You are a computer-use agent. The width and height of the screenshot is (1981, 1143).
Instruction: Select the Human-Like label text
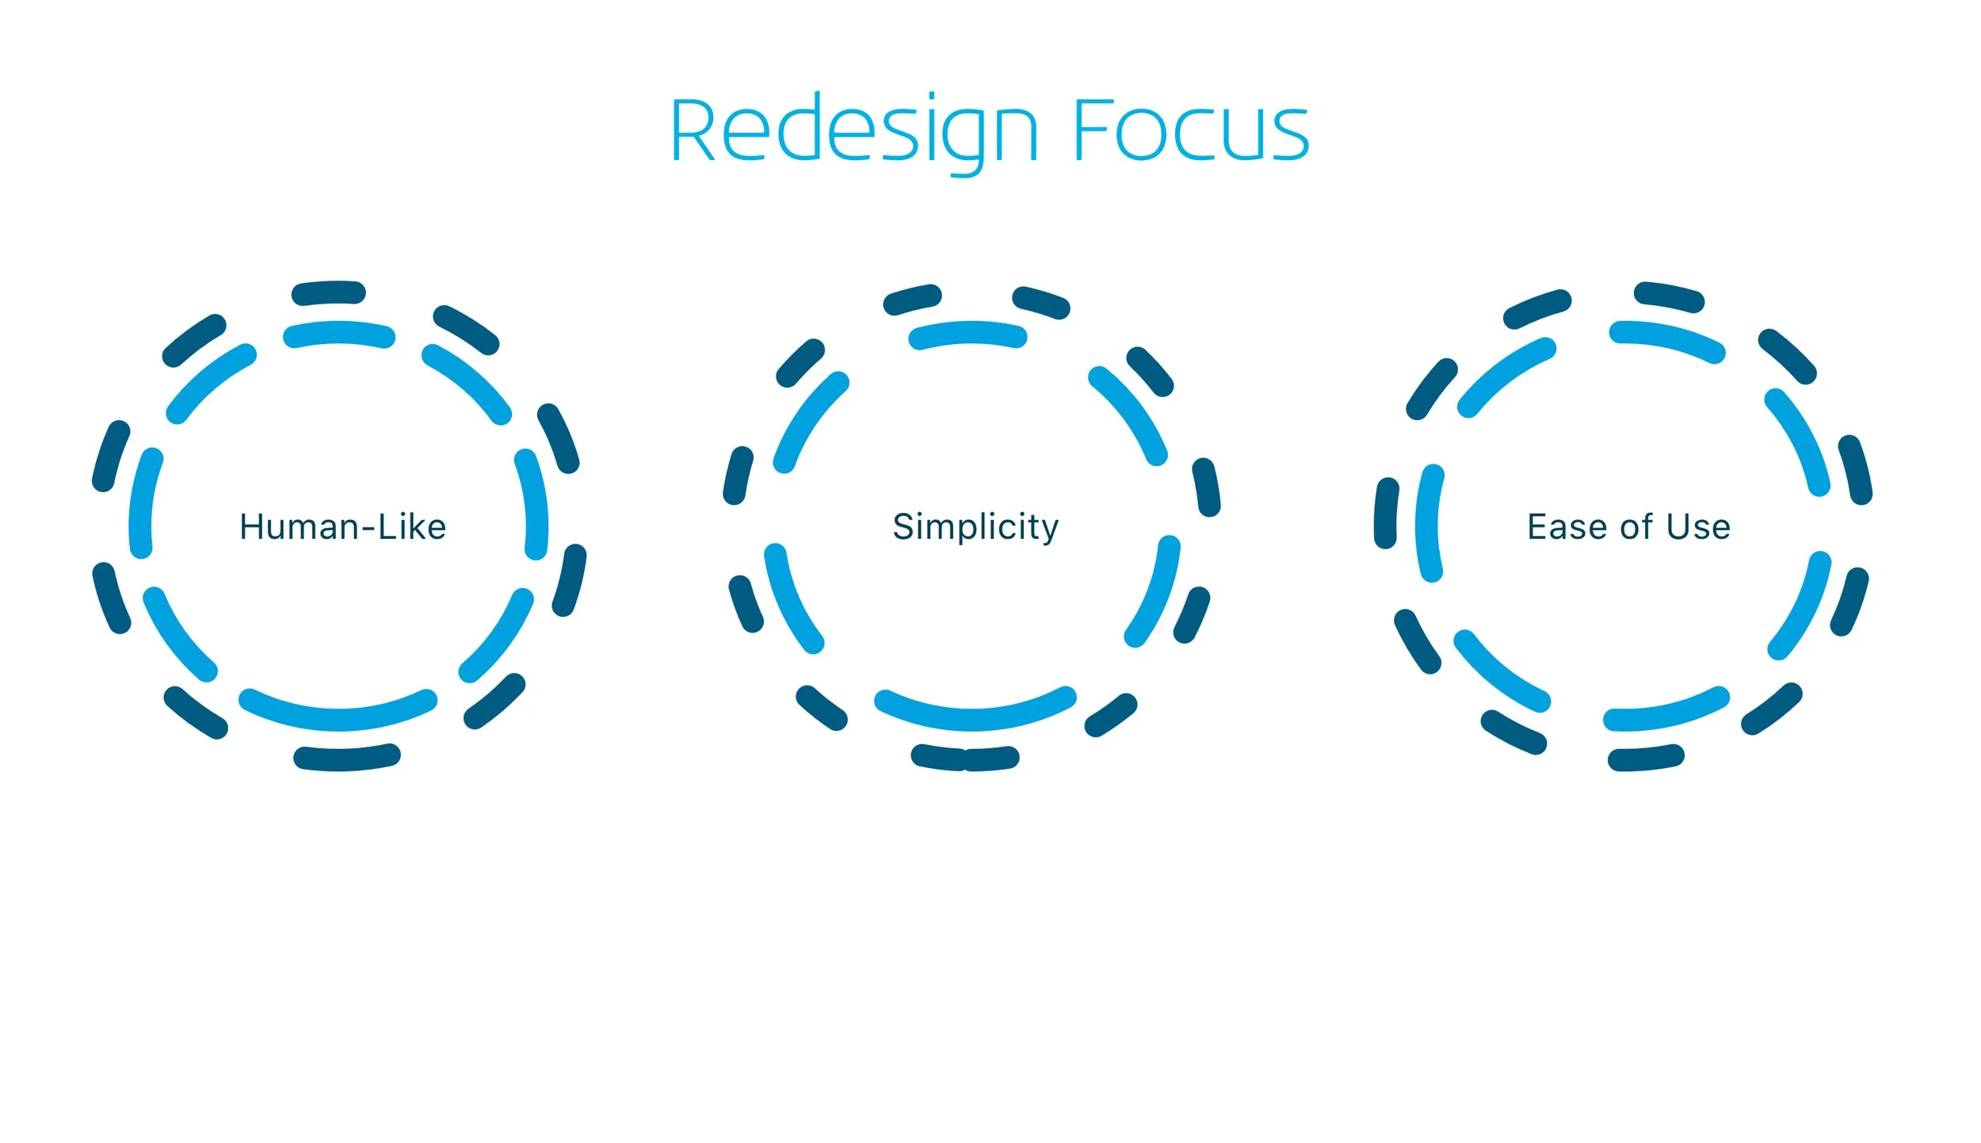[x=342, y=527]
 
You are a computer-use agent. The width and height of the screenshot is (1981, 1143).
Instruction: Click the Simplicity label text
[x=975, y=527]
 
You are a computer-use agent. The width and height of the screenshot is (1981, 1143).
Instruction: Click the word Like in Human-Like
[x=412, y=527]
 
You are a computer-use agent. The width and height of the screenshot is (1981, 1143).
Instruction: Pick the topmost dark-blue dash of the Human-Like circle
[x=329, y=292]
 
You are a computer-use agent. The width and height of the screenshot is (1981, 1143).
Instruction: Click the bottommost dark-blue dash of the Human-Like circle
[x=347, y=757]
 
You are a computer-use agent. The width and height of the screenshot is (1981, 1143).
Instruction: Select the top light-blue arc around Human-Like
[x=339, y=334]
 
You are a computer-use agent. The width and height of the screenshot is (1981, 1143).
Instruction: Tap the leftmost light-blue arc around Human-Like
[x=142, y=503]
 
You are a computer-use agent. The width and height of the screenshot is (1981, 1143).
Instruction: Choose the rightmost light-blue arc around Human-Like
[x=534, y=504]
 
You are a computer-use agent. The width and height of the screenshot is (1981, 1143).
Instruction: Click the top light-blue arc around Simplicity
[x=968, y=334]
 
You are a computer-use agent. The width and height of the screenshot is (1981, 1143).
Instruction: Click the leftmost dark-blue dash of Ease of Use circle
[x=1386, y=513]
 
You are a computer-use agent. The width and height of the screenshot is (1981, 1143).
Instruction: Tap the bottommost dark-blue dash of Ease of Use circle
[x=1645, y=758]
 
